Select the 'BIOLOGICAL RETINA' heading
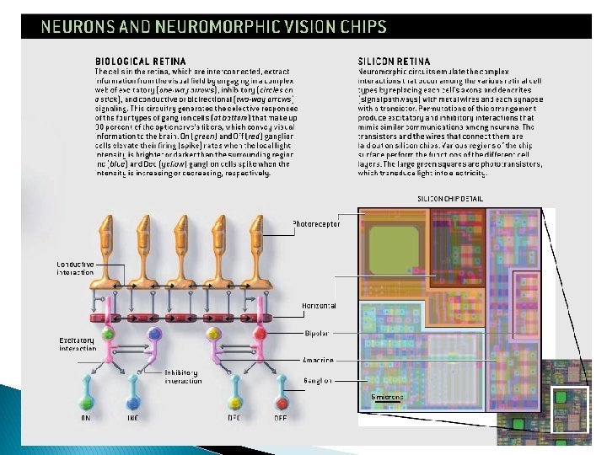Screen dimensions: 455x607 [135, 61]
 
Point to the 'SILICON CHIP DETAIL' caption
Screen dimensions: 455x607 [451, 199]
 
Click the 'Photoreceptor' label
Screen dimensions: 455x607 [315, 224]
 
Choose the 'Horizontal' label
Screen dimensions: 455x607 [319, 305]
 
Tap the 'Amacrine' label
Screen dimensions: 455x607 [318, 360]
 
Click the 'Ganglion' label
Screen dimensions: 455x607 [318, 381]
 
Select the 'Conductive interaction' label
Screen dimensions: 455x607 [75, 269]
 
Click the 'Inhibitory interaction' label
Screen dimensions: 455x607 [183, 377]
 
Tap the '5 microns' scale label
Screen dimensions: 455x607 [387, 395]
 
